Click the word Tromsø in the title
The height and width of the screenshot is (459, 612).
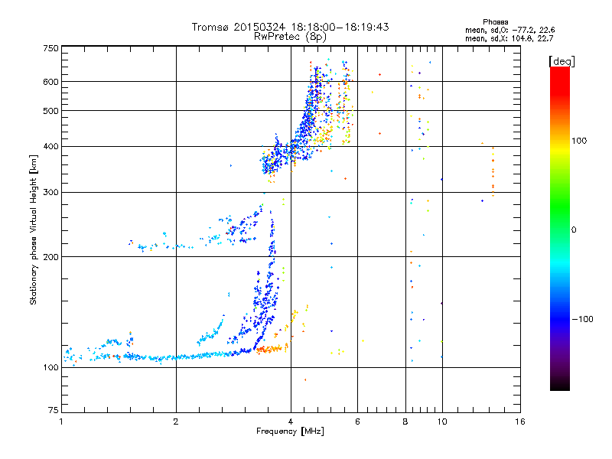click(211, 27)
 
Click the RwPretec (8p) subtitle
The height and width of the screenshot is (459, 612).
click(290, 37)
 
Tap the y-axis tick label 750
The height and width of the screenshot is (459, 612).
click(50, 48)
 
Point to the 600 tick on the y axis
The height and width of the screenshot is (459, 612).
click(50, 82)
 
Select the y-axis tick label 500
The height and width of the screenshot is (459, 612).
click(50, 111)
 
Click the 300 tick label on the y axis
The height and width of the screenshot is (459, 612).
click(50, 192)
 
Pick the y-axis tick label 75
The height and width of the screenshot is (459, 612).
click(54, 410)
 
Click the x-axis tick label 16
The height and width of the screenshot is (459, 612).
click(520, 422)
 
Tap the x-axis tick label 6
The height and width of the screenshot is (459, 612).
click(357, 422)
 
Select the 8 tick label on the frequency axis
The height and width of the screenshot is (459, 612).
click(405, 422)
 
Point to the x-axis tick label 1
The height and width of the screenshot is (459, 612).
click(62, 422)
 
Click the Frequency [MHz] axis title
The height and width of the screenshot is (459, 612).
click(290, 431)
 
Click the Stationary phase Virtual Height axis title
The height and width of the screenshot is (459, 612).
click(34, 229)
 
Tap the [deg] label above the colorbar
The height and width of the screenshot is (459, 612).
click(562, 61)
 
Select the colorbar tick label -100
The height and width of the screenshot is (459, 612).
click(582, 319)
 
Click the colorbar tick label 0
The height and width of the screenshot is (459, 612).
click(574, 229)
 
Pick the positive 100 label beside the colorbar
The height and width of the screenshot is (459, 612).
click(579, 141)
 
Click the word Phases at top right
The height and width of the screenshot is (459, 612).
click(496, 22)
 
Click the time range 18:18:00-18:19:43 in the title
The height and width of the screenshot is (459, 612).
click(340, 27)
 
